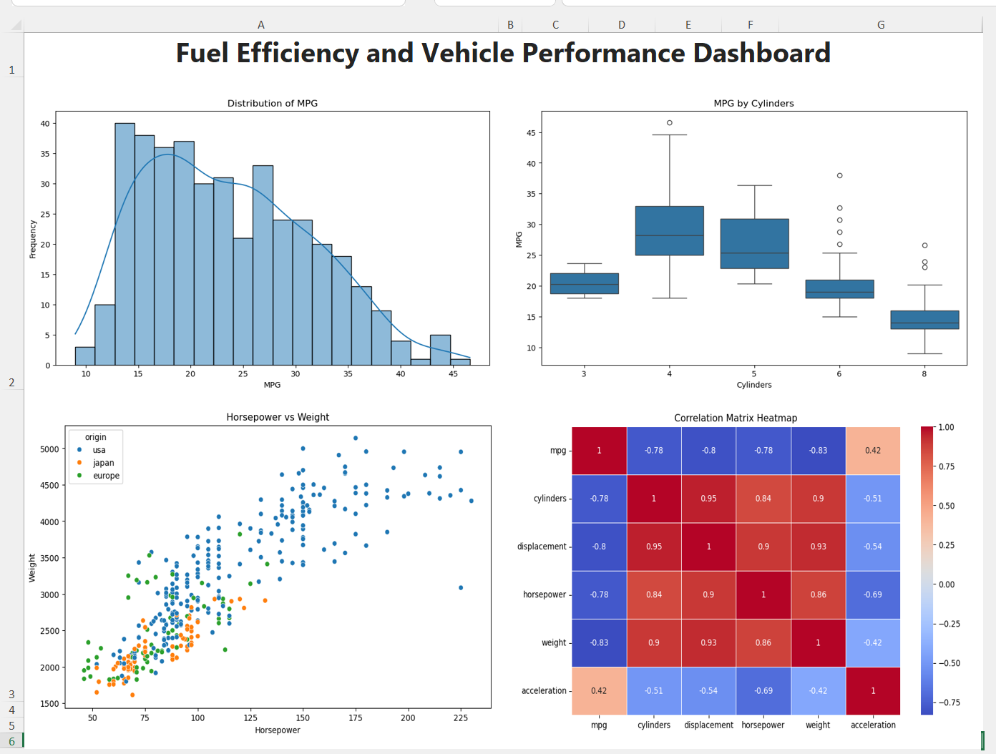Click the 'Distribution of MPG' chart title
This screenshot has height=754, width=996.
(x=272, y=103)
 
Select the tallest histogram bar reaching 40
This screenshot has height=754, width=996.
(x=125, y=243)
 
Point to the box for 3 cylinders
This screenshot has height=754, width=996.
(x=585, y=283)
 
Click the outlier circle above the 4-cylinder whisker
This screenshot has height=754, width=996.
(x=670, y=123)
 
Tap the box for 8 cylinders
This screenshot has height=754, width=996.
(x=924, y=320)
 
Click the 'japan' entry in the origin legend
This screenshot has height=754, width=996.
(x=103, y=463)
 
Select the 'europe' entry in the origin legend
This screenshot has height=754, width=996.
(x=106, y=476)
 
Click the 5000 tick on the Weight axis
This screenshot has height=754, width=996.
(x=49, y=449)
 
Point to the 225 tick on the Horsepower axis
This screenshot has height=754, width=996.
(x=461, y=718)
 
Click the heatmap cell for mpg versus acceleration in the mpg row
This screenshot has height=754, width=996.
(x=873, y=451)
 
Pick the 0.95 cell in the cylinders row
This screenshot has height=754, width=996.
(x=708, y=499)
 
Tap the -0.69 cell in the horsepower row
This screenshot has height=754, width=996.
(x=873, y=594)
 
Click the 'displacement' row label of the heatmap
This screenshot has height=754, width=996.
(x=542, y=547)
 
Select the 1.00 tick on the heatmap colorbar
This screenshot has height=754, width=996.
(x=946, y=428)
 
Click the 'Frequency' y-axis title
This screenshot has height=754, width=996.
(x=33, y=239)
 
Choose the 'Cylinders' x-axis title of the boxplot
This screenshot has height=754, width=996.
(x=754, y=385)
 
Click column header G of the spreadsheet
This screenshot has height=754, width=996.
(x=881, y=25)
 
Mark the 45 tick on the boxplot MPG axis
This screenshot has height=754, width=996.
(x=531, y=133)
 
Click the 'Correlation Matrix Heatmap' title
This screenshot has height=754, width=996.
(x=736, y=418)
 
